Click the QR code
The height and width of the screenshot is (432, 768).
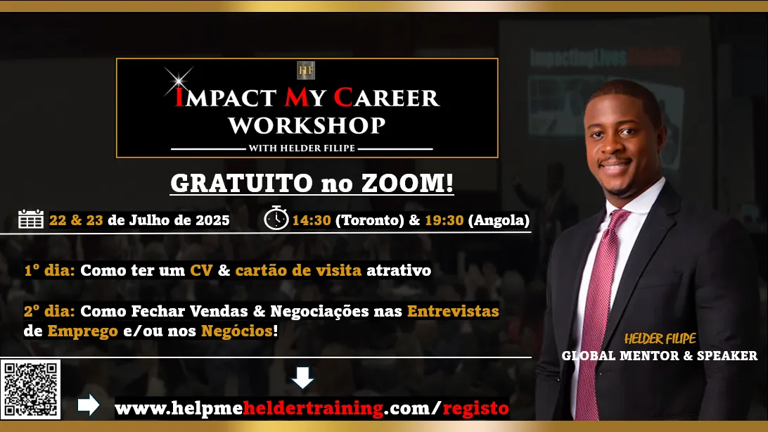point(30,389)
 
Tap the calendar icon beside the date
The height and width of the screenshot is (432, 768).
point(31,220)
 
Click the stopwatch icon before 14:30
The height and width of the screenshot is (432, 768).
point(276,218)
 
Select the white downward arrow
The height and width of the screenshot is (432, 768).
point(302,378)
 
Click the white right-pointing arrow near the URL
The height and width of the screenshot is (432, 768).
point(89,405)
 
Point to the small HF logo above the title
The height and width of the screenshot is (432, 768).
point(306,70)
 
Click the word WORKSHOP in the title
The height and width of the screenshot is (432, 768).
point(307,126)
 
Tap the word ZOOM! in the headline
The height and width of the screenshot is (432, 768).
point(407,183)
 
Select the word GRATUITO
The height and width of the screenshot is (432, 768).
point(241,183)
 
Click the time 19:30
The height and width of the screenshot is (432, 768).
point(444,220)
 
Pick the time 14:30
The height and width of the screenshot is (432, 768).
point(312,220)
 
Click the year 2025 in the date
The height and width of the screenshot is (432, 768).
point(212,220)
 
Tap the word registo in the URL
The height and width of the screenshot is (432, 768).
point(475,408)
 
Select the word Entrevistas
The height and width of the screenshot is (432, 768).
point(453,311)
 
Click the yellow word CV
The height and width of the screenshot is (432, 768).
point(201,270)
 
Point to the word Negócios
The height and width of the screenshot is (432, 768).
point(237,331)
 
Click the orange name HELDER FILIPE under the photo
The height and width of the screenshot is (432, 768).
point(660,338)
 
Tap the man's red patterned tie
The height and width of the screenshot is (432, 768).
point(599,314)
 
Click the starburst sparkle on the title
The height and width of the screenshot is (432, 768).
point(179,80)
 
